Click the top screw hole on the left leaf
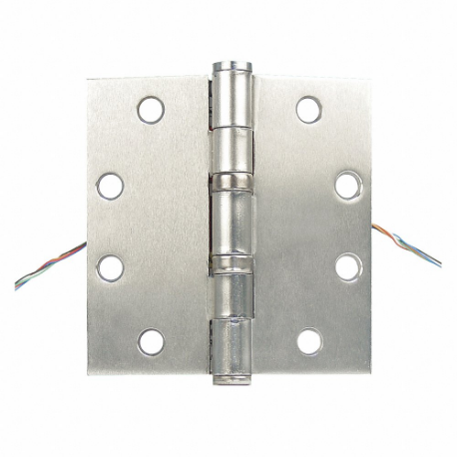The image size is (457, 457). click(x=151, y=108)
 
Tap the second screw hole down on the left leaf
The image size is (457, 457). click(x=111, y=186)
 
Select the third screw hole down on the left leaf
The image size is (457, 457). click(x=111, y=267)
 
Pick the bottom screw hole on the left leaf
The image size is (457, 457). click(x=151, y=342)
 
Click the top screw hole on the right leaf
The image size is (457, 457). click(x=309, y=108)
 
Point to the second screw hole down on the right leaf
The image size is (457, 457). click(x=347, y=186)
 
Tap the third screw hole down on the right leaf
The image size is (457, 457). click(x=347, y=267)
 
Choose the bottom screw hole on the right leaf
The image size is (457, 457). click(x=309, y=342)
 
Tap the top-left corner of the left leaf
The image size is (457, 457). click(x=88, y=81)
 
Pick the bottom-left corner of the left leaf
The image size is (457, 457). click(x=87, y=372)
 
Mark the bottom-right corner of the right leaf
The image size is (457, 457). click(x=372, y=371)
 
